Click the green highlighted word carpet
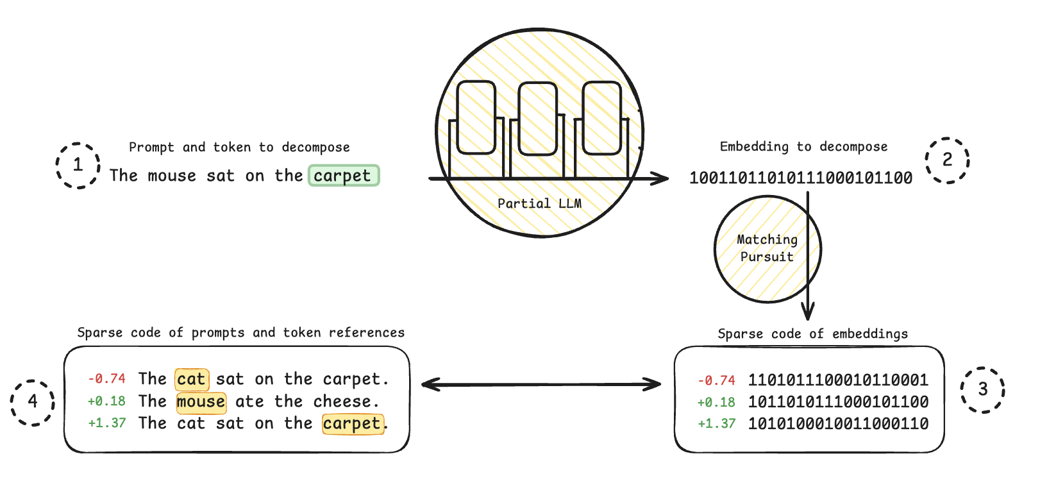tap(344, 176)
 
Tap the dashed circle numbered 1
tap(78, 143)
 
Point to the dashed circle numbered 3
tap(982, 368)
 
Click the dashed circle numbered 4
tap(33, 381)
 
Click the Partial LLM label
tap(539, 203)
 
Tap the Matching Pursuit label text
tap(767, 248)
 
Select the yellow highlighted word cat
tap(192, 379)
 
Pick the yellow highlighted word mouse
tap(201, 401)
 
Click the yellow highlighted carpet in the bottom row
tap(353, 423)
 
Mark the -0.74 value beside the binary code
tap(716, 380)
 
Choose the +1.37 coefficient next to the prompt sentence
tap(107, 423)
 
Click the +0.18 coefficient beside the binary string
tap(716, 402)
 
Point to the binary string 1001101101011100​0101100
tap(801, 178)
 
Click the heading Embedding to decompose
tap(803, 147)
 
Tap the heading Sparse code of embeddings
tap(812, 334)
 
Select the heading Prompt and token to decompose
tap(239, 148)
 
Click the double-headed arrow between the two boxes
tap(541, 384)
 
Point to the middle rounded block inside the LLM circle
tap(537, 119)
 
